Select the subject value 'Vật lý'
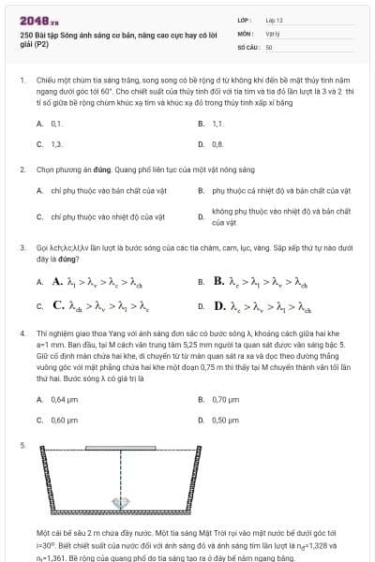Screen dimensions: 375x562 tap(273, 32)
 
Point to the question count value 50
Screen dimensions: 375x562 tap(269, 46)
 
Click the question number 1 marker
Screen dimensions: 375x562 tap(22, 81)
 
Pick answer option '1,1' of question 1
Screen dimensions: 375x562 tap(217, 124)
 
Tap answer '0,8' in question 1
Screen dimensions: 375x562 tap(217, 144)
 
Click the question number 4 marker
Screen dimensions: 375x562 tap(22, 333)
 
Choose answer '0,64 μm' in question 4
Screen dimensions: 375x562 tap(64, 399)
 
